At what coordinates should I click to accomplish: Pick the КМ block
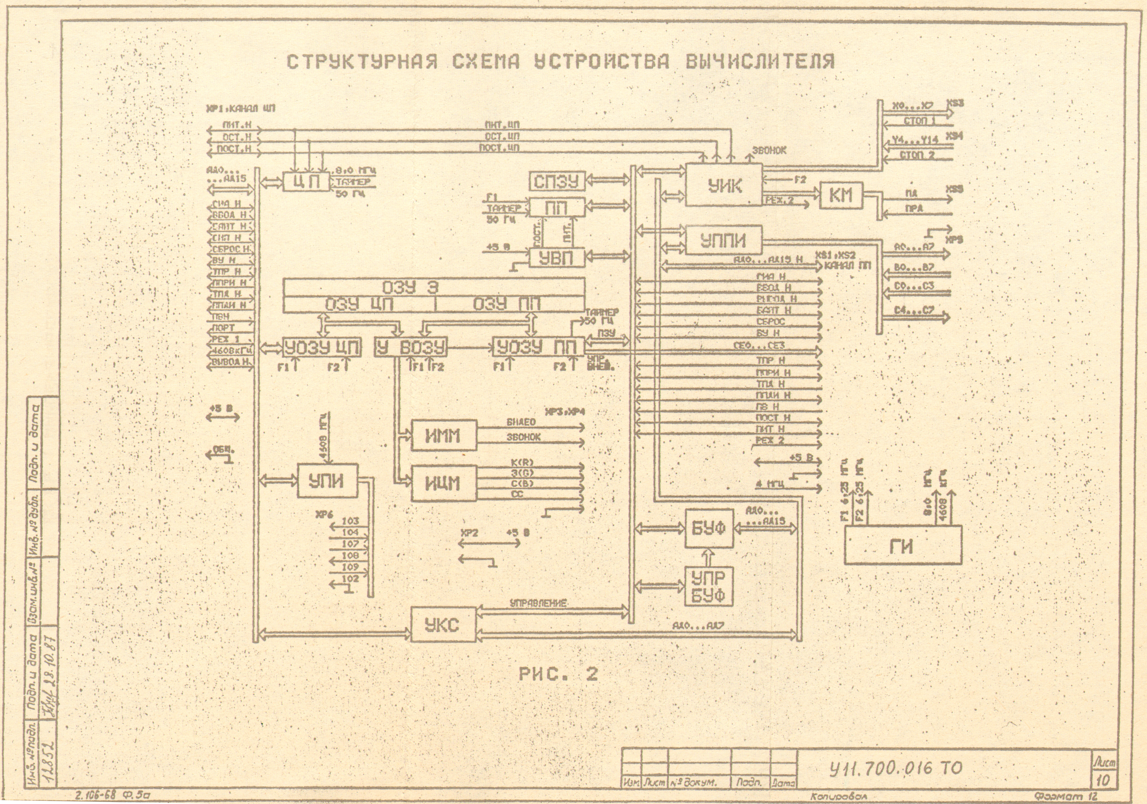click(x=841, y=195)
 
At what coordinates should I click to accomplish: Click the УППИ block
click(x=723, y=240)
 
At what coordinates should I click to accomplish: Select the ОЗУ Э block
click(x=434, y=288)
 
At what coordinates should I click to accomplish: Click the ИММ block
click(x=444, y=436)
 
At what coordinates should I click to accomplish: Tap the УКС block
click(x=443, y=624)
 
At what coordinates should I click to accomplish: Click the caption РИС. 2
click(x=558, y=674)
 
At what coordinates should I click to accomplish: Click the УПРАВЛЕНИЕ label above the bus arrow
click(x=538, y=603)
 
